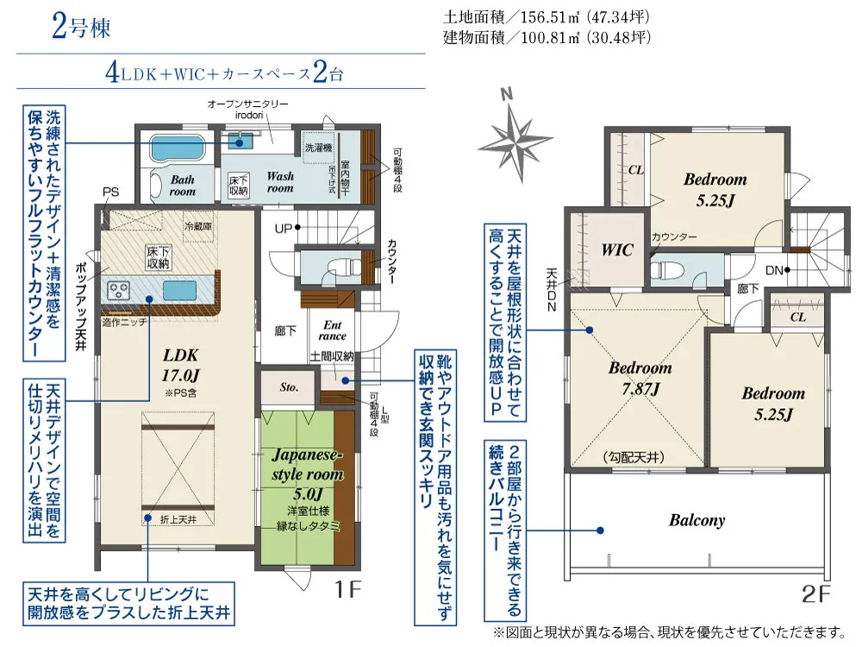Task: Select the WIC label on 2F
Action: pos(617,250)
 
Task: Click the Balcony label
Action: pos(696,520)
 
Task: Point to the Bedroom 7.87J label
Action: pos(640,379)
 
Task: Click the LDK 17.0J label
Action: pos(180,365)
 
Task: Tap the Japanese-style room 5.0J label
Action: pos(308,474)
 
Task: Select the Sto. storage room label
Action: pos(289,387)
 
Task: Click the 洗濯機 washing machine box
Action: pos(319,147)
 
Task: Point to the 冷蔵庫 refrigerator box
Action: pos(198,226)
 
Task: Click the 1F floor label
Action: pos(348,590)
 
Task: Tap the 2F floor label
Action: pos(815,594)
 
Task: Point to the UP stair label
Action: pos(283,229)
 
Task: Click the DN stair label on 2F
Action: pos(774,270)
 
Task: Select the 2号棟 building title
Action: pos(81,27)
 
